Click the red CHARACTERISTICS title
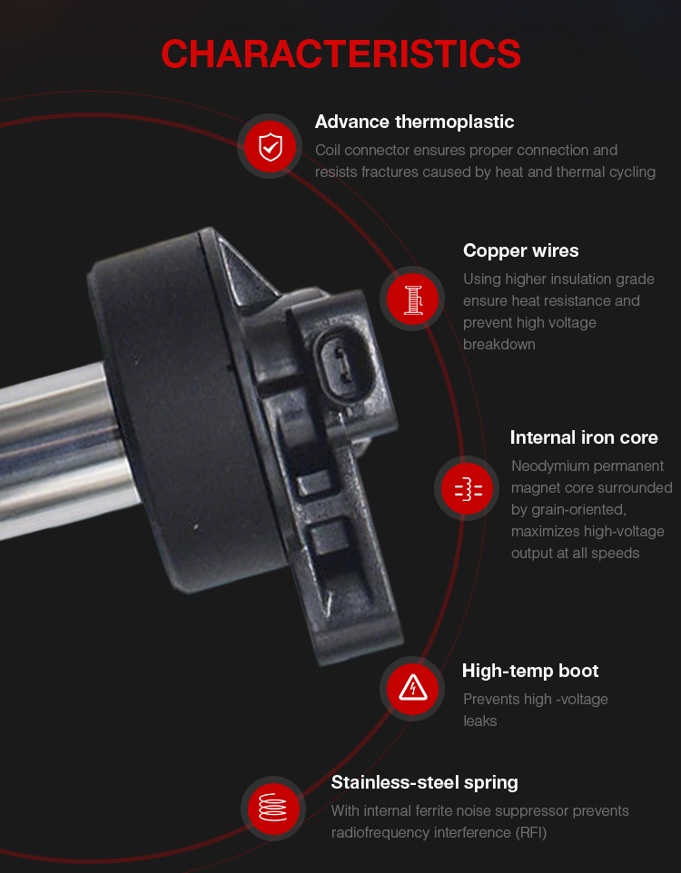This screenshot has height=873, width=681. (340, 54)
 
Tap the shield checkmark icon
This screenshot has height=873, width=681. (271, 146)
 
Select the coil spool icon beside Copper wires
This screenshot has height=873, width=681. (412, 299)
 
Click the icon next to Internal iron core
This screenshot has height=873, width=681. (467, 488)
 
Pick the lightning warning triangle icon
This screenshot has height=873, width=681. (412, 689)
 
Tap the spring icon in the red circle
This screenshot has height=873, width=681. (273, 808)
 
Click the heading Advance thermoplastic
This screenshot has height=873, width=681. (414, 122)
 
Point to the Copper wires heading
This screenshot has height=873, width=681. (520, 251)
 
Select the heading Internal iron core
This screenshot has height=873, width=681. (584, 437)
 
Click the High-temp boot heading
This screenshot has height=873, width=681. (530, 671)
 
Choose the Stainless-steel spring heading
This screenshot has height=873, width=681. (424, 783)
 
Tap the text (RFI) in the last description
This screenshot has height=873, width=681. (530, 832)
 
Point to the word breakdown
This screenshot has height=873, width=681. (498, 345)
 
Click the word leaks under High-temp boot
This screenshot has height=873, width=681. (479, 721)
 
